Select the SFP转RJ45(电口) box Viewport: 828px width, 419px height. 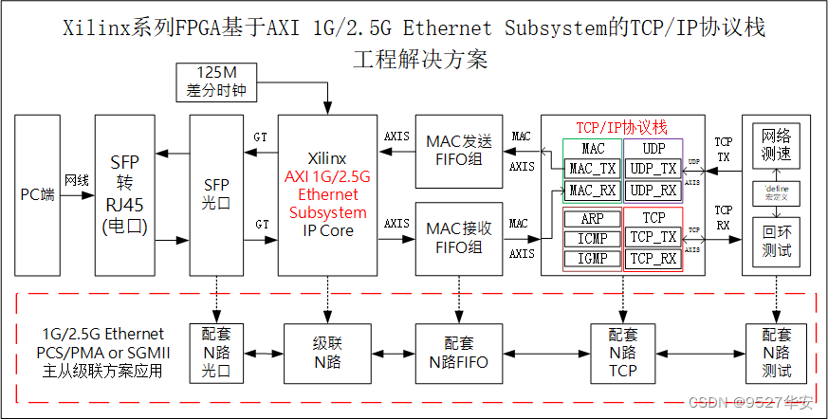124,194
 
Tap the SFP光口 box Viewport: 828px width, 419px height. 217,194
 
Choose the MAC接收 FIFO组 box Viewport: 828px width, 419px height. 459,238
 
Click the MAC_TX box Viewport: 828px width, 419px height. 593,168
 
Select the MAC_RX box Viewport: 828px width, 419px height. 593,190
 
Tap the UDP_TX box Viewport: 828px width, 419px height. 653,168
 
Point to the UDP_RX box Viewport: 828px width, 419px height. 653,190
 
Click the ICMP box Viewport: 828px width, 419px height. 593,239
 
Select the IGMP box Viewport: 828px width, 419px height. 593,259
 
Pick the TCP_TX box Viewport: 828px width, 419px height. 653,238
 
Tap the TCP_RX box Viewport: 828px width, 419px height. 653,259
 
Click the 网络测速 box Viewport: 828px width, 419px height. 776,144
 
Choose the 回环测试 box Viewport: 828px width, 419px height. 776,244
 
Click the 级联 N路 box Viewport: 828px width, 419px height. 327,352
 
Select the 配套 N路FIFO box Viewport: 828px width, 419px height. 459,352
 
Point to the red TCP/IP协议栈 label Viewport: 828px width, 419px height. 622,127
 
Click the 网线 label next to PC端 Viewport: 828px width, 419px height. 77,179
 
